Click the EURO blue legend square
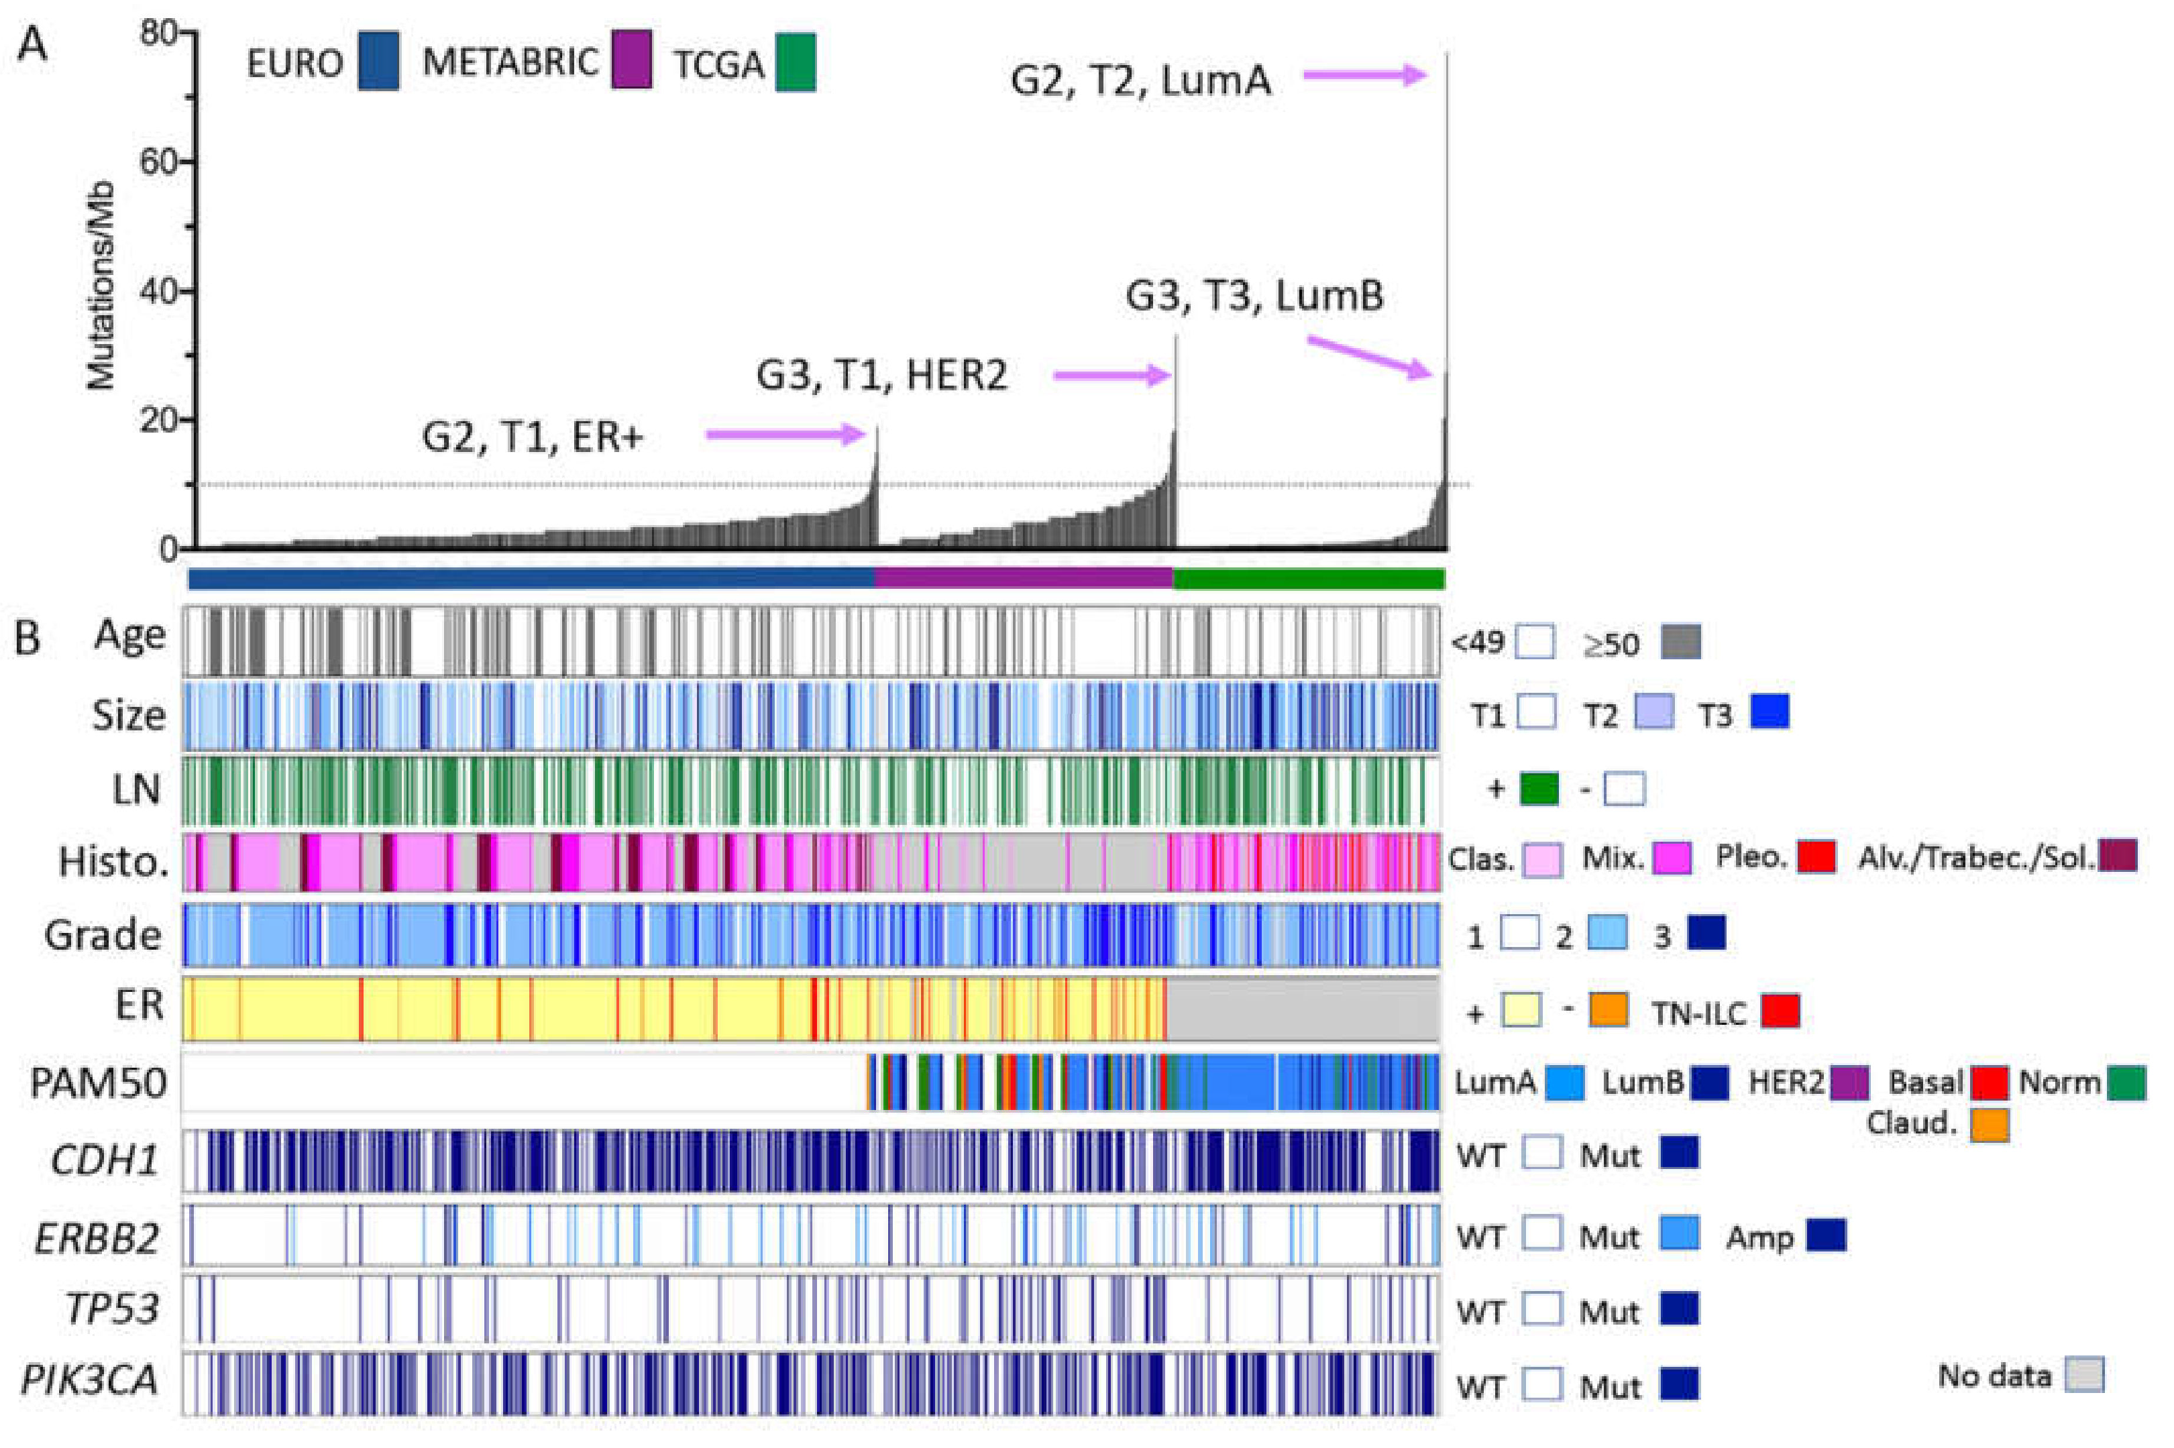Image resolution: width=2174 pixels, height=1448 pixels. pyautogui.click(x=378, y=61)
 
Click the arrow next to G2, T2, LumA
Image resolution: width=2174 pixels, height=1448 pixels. pyautogui.click(x=1366, y=76)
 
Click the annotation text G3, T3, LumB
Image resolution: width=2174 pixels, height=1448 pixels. pyautogui.click(x=1253, y=296)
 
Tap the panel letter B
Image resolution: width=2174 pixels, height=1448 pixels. pyautogui.click(x=28, y=638)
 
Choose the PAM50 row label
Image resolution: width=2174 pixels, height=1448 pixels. pyautogui.click(x=98, y=1082)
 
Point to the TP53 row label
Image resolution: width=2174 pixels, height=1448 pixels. pyautogui.click(x=111, y=1309)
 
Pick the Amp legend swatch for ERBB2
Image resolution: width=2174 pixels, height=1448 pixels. pyautogui.click(x=1826, y=1235)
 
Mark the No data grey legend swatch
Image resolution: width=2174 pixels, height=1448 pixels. pyautogui.click(x=2084, y=1374)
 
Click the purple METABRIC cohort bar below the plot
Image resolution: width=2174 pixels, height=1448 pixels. pyautogui.click(x=1024, y=579)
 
